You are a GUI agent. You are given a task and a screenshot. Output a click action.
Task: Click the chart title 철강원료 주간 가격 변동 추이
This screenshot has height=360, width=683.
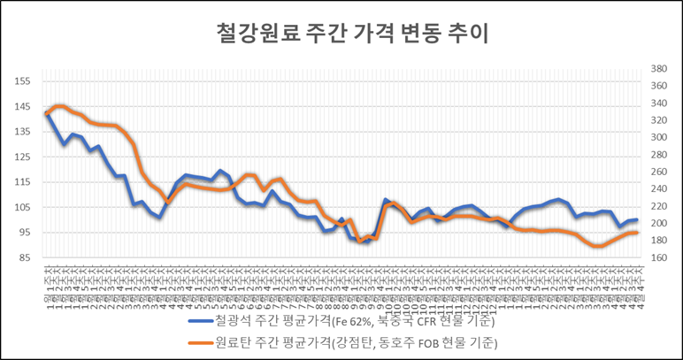(x=341, y=33)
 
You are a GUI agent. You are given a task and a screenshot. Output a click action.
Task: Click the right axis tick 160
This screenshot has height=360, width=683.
(x=657, y=257)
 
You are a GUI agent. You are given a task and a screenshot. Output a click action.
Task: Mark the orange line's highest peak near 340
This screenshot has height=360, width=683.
(x=59, y=105)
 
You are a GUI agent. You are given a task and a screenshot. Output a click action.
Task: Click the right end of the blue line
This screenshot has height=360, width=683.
(x=637, y=219)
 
